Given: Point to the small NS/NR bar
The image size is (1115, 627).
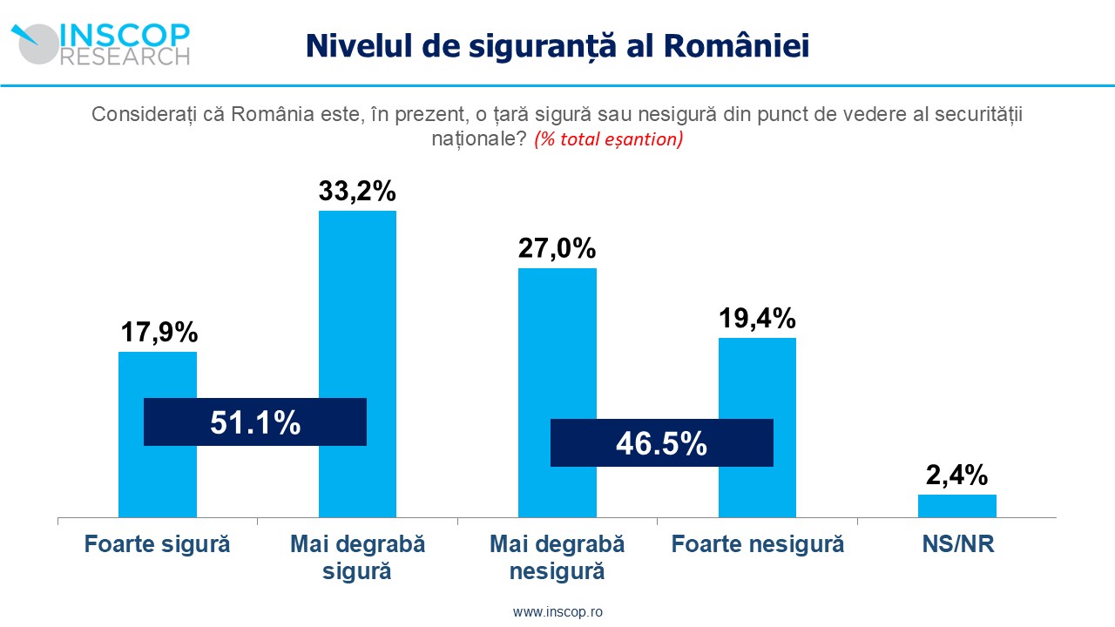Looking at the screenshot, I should click(956, 506).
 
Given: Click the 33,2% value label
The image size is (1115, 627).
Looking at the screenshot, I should click(357, 191).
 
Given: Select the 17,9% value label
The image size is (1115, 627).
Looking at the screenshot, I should click(158, 332).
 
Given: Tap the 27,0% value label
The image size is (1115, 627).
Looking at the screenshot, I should click(557, 248).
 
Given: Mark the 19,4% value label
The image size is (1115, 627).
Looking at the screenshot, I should click(757, 318).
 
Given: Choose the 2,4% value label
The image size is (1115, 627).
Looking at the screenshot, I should click(956, 475).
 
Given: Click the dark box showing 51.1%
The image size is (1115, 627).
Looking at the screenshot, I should click(255, 422).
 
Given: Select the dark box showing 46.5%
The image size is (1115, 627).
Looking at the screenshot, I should click(662, 443).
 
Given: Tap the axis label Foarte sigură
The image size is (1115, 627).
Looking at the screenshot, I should click(158, 545).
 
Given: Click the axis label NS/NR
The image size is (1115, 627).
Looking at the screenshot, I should click(957, 545).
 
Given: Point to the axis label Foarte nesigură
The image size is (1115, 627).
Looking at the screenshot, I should click(757, 545).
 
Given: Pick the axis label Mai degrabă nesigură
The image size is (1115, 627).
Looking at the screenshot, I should click(557, 558).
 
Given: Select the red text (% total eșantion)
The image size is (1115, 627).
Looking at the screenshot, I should click(608, 139).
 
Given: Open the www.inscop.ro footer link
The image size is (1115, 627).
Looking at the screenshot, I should click(557, 612).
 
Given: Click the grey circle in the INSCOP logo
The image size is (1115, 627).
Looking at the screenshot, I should click(39, 45).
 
